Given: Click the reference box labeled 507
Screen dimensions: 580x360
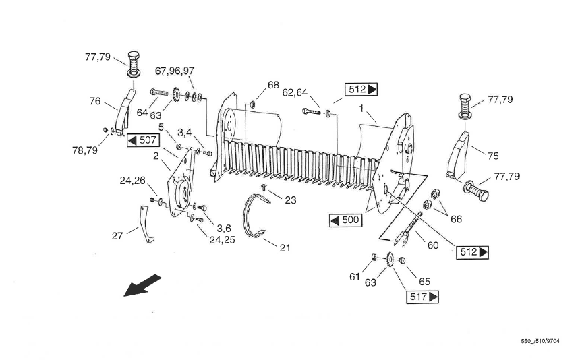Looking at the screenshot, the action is pyautogui.click(x=143, y=140).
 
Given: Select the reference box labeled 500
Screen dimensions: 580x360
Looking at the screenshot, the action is pyautogui.click(x=345, y=220).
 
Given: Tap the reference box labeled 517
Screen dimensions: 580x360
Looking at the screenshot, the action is pyautogui.click(x=422, y=297).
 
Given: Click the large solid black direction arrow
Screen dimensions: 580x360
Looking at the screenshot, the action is pyautogui.click(x=142, y=285).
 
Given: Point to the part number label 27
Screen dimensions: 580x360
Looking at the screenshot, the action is pyautogui.click(x=117, y=236).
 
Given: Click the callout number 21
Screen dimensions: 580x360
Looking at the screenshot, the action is pyautogui.click(x=285, y=247).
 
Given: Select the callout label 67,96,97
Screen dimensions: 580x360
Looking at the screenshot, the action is pyautogui.click(x=175, y=71).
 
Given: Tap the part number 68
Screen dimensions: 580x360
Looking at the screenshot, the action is pyautogui.click(x=273, y=85).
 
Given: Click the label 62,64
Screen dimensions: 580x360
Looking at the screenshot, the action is pyautogui.click(x=295, y=92).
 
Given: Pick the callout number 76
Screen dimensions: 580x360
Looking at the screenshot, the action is pyautogui.click(x=94, y=101).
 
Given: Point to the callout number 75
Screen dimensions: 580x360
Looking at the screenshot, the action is pyautogui.click(x=493, y=156).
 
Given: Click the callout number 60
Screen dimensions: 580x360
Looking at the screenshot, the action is pyautogui.click(x=433, y=245).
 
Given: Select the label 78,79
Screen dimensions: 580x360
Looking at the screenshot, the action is pyautogui.click(x=85, y=150).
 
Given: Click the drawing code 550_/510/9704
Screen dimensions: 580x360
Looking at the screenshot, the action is pyautogui.click(x=540, y=341).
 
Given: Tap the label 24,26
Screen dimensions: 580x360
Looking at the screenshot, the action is pyautogui.click(x=132, y=181).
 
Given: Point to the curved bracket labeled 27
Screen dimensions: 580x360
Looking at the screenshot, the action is pyautogui.click(x=146, y=224).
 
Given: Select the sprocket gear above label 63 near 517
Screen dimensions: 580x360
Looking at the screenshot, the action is pyautogui.click(x=390, y=259).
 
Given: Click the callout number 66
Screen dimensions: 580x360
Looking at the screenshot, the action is pyautogui.click(x=456, y=219).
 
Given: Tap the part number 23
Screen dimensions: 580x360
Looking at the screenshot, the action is pyautogui.click(x=291, y=200).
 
